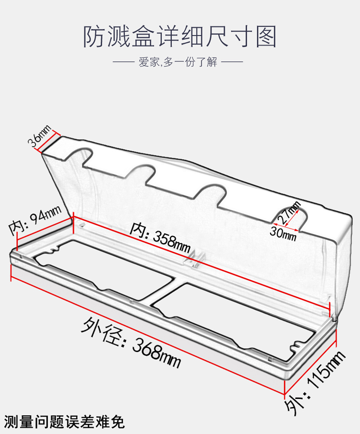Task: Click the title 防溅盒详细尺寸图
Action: click(180, 37)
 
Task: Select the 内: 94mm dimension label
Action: click(36, 222)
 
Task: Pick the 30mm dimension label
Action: click(284, 234)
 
